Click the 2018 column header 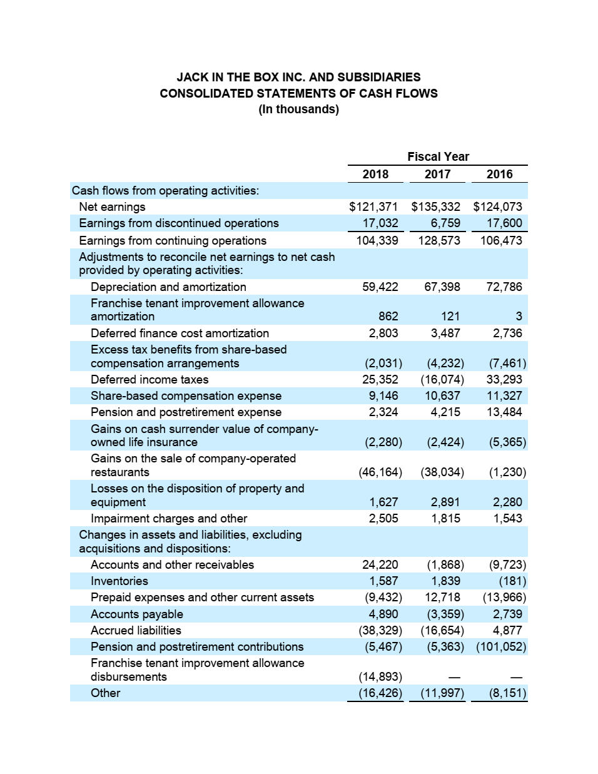tap(375, 175)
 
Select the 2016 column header tap(499, 175)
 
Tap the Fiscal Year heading tap(438, 156)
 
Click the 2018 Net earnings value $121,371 tap(373, 207)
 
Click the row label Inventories tap(119, 581)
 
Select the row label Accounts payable tap(137, 614)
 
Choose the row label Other tap(105, 693)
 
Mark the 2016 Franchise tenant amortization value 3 tap(519, 317)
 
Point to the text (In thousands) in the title tap(298, 109)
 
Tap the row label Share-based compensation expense tap(186, 396)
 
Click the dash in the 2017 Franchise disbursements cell tap(455, 677)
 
